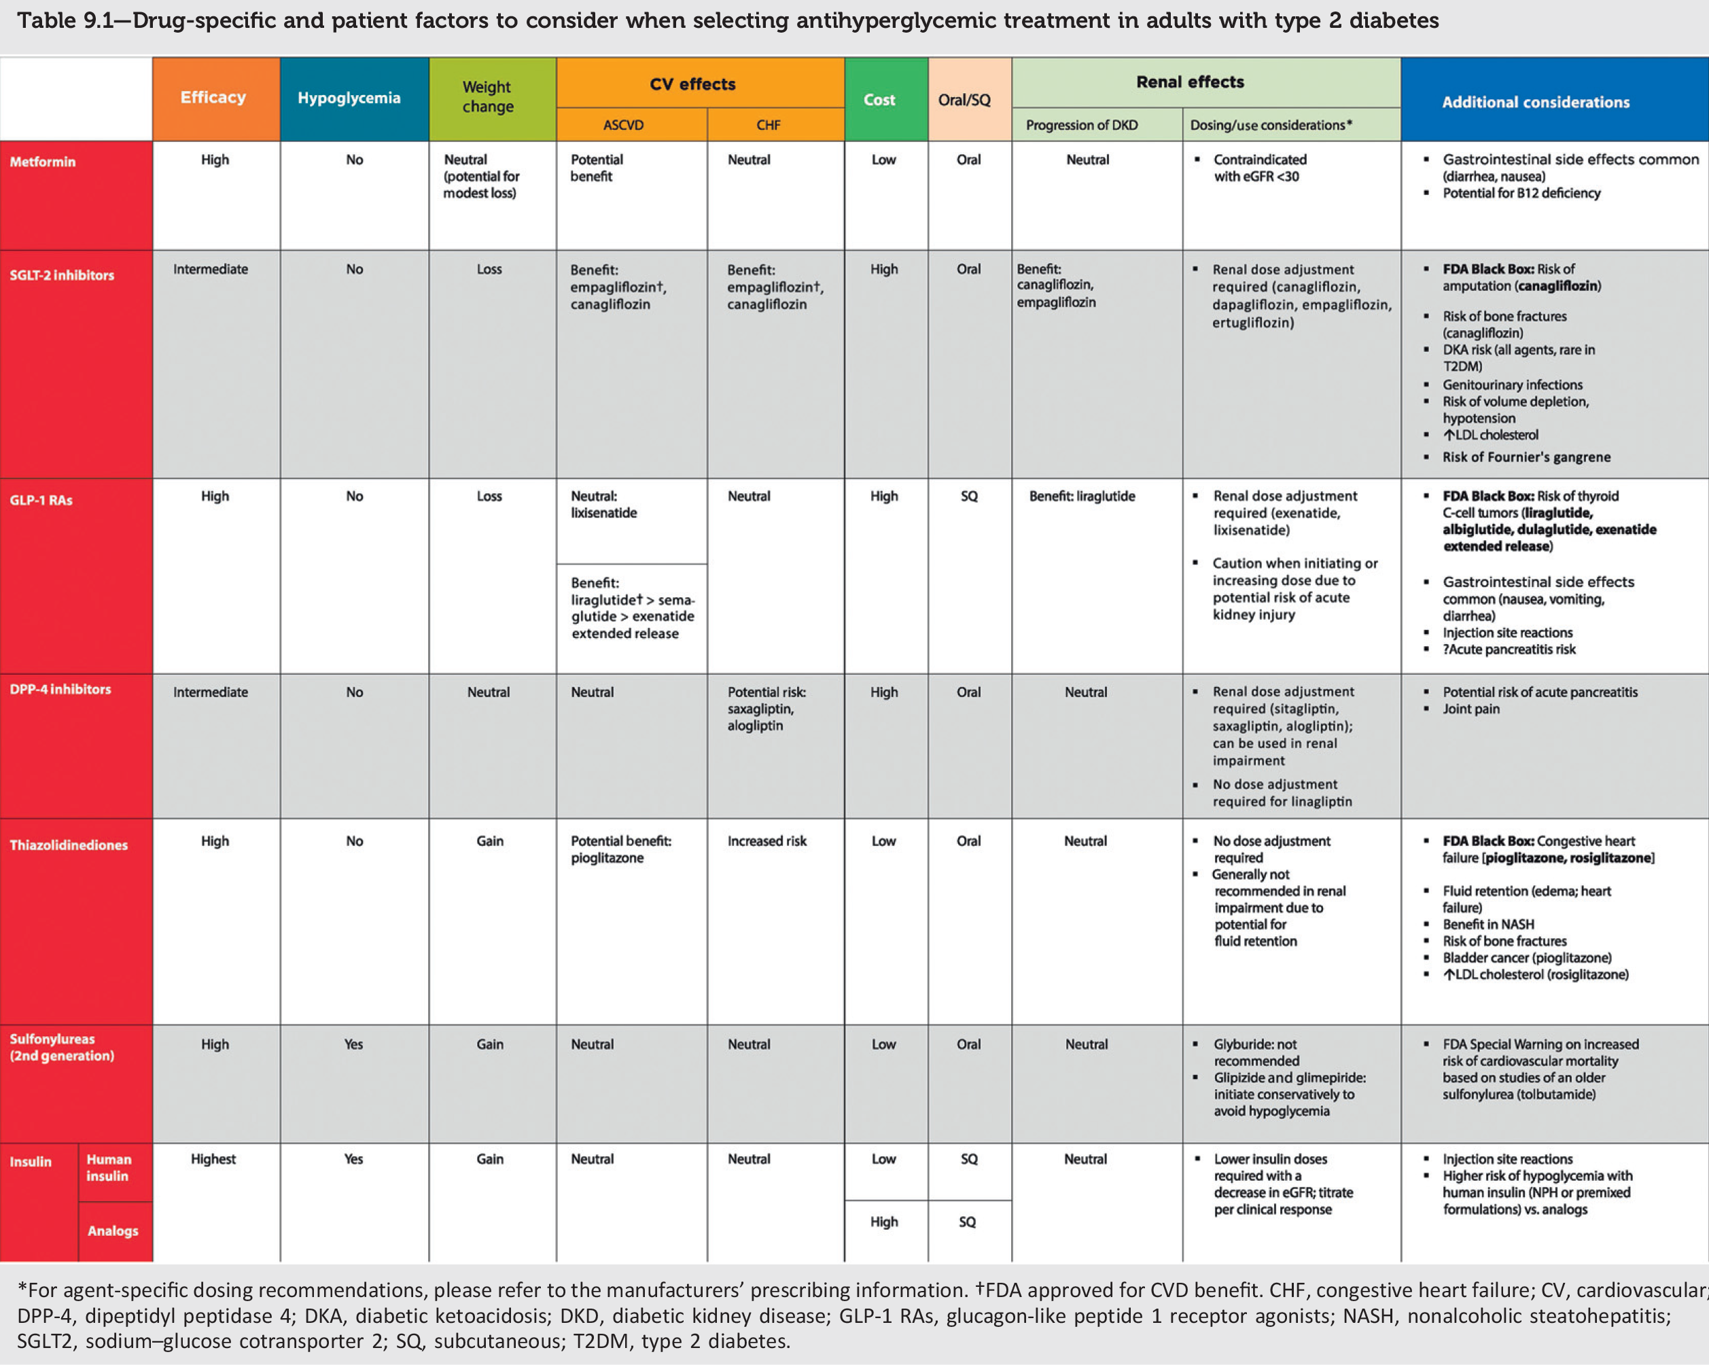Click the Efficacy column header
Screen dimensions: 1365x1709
coord(213,98)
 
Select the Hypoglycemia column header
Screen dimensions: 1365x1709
coord(349,99)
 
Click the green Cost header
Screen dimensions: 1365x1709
coord(879,100)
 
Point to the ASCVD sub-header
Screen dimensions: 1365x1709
coord(623,125)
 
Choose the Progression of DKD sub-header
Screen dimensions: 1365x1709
coord(1081,125)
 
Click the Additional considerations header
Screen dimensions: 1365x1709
coord(1536,102)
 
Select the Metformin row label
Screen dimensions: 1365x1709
coord(43,162)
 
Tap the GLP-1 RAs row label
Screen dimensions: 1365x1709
coord(41,500)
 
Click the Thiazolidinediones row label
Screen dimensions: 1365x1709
coord(68,845)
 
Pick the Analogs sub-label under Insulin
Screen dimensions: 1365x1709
coord(113,1230)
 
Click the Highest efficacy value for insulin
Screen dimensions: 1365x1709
coord(213,1159)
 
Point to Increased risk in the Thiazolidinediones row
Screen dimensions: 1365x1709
coord(767,841)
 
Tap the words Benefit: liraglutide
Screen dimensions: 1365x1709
coord(1082,496)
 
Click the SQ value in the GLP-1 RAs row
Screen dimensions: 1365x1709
coord(968,496)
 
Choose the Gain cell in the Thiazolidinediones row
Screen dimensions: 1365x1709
coord(490,841)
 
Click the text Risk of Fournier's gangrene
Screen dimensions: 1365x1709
coord(1526,457)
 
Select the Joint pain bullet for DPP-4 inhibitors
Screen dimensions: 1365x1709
coord(1470,709)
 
